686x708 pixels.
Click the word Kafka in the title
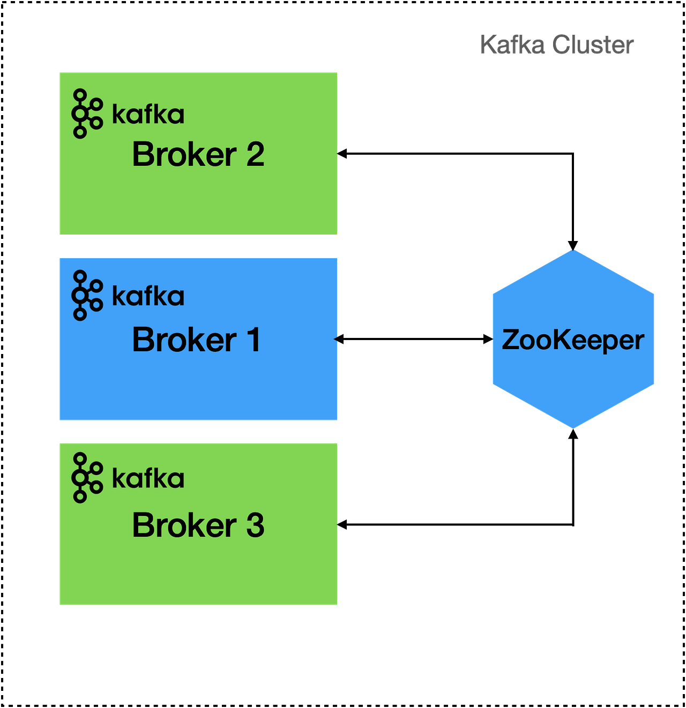[512, 45]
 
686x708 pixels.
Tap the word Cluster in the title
[593, 45]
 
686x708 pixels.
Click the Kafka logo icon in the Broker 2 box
[86, 114]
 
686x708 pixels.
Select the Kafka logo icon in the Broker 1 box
[86, 295]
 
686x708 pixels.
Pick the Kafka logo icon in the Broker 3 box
[86, 477]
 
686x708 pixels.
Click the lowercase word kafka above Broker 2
[148, 115]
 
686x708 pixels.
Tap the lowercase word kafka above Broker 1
[148, 296]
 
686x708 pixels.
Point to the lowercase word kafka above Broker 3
[148, 478]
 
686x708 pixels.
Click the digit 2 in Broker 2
[255, 155]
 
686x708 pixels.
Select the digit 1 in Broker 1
[253, 340]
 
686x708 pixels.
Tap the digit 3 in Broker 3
[255, 525]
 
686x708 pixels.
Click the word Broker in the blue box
[184, 340]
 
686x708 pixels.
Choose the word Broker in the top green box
[184, 155]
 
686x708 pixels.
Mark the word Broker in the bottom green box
[184, 525]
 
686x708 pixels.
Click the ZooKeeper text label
[573, 340]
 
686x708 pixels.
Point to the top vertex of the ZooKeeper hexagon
[573, 250]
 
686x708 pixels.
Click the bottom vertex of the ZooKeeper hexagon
[573, 428]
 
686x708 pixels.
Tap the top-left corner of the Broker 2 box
[59, 72]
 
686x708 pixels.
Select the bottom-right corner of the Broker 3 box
[337, 605]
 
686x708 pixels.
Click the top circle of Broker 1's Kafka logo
[80, 276]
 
